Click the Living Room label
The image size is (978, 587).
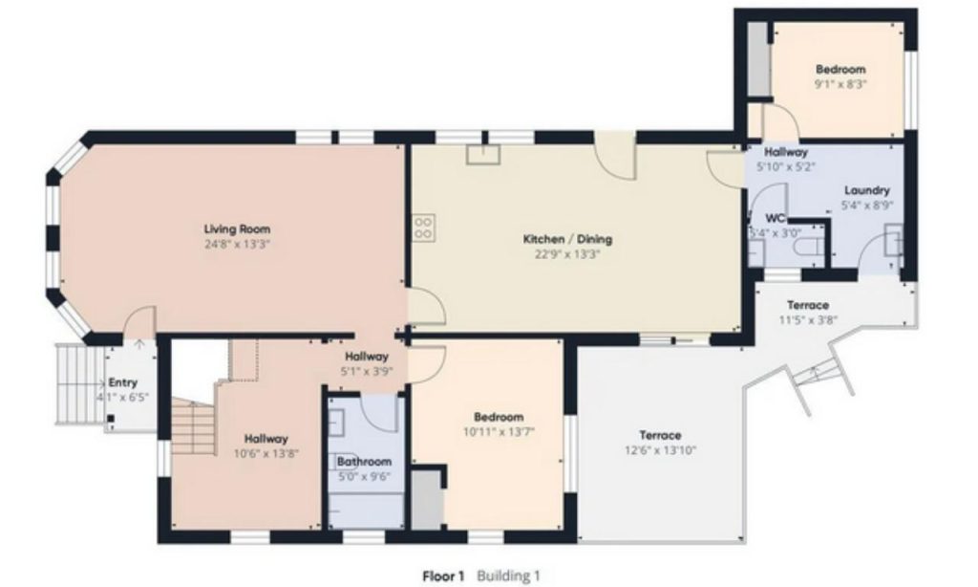[x=238, y=229]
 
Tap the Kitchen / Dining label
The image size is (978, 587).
[x=567, y=239]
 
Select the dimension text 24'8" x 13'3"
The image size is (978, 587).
[x=237, y=245]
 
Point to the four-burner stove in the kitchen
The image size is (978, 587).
[x=423, y=227]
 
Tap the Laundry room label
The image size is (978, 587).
[x=867, y=190]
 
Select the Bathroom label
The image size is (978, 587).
[x=364, y=462]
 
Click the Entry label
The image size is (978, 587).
[x=123, y=382]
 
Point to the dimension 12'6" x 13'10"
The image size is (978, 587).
[x=661, y=450]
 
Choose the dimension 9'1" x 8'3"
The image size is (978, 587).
[x=840, y=84]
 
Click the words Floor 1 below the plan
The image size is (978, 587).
[x=443, y=576]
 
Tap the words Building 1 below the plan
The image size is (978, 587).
[x=508, y=576]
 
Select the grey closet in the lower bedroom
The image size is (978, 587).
[x=427, y=500]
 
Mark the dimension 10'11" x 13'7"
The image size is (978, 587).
[x=499, y=431]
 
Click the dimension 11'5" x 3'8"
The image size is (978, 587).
[x=808, y=319]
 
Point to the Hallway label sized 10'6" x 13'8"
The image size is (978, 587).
[x=266, y=439]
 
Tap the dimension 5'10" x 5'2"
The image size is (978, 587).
[x=786, y=166]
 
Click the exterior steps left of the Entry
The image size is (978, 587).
[x=79, y=384]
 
